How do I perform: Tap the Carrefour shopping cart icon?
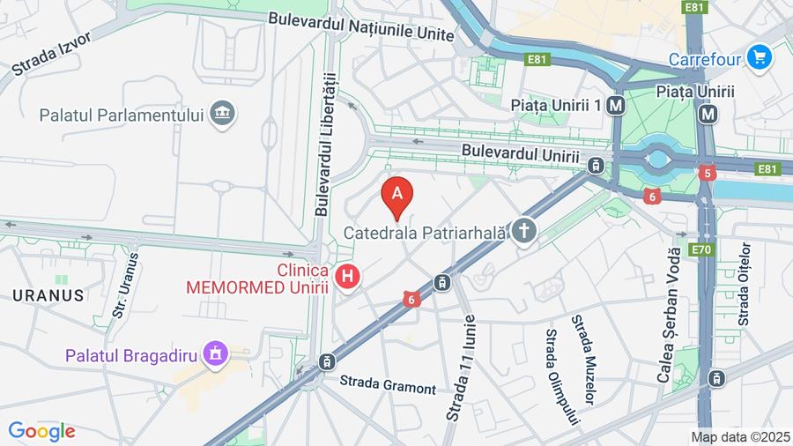pos(759,58)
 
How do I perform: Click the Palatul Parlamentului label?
pos(122,115)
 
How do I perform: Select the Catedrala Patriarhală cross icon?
pos(524,232)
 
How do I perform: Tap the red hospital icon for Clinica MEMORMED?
pos(349,277)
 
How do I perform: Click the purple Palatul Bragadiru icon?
pos(213,354)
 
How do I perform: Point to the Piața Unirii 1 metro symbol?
pos(616,105)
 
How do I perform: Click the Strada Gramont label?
pos(389,384)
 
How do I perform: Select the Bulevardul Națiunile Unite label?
pos(360,26)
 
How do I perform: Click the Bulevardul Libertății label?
pos(323,145)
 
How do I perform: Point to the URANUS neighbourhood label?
pos(48,295)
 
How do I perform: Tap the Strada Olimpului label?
pos(561,376)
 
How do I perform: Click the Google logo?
pos(41,431)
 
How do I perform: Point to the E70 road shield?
pos(700,249)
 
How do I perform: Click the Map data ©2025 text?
pos(739,436)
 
